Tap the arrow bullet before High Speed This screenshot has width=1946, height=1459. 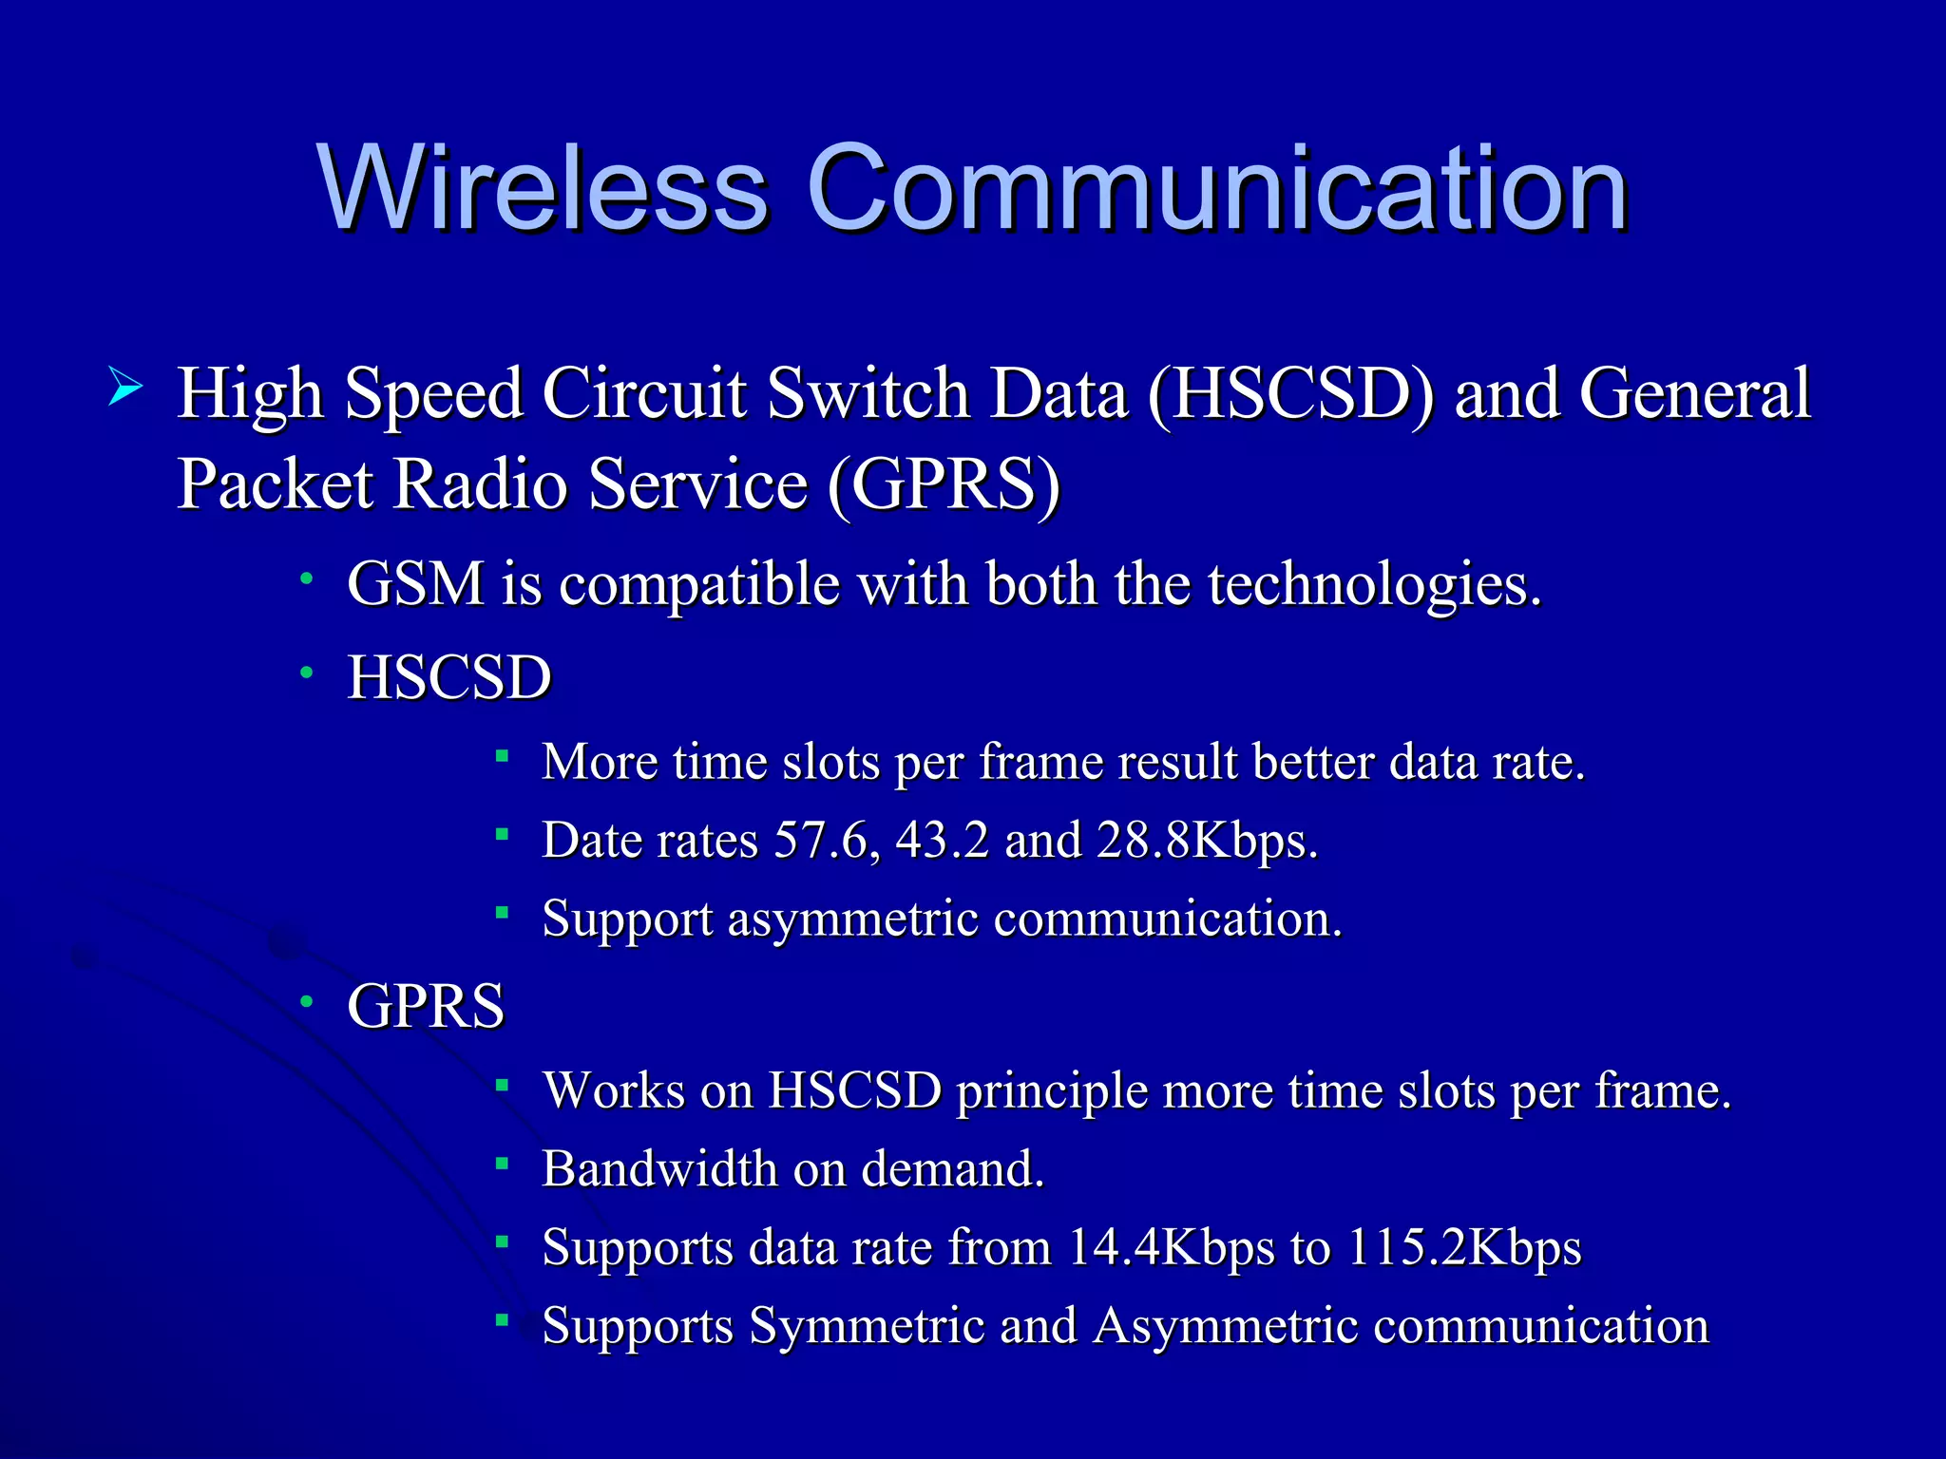coord(125,387)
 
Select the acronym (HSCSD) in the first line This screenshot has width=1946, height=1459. coord(1290,393)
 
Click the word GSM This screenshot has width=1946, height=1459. coord(415,583)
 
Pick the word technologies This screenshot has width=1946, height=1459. coord(1374,585)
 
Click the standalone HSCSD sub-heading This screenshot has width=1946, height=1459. coord(449,677)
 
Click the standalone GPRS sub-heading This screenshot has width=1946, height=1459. coord(426,1006)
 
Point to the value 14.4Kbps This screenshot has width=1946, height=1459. coord(1171,1247)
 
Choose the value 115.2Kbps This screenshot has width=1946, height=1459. coord(1464,1247)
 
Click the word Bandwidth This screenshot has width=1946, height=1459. coord(659,1168)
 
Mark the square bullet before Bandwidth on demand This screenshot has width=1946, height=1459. coord(503,1162)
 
